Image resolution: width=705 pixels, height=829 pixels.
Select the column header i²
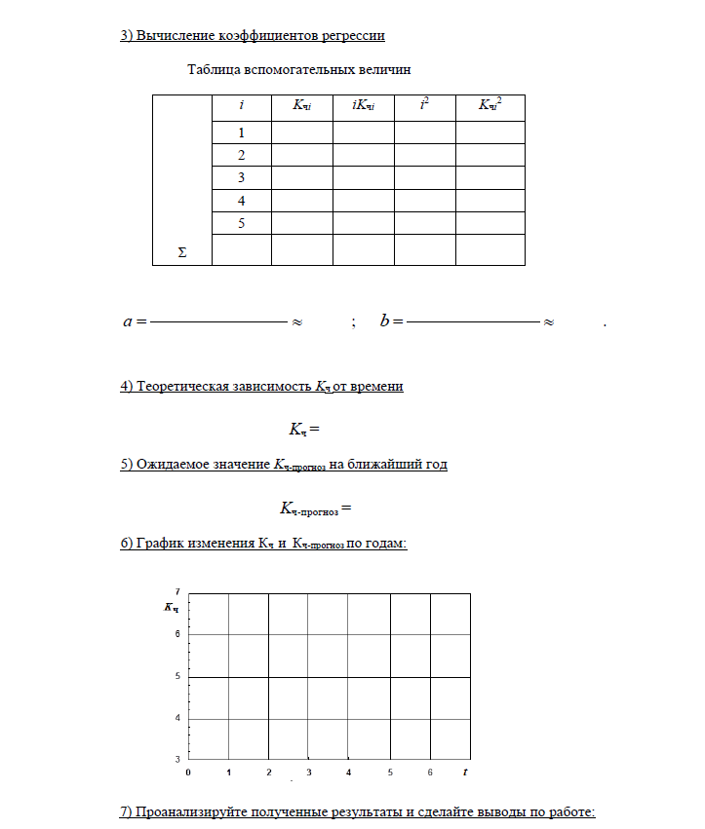(424, 102)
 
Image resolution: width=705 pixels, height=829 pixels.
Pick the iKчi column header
(363, 103)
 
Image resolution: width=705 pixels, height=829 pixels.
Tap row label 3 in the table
(241, 178)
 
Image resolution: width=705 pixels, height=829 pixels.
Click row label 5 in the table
(241, 223)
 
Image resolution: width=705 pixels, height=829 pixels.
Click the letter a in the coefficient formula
(128, 320)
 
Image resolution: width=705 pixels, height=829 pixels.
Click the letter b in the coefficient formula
(385, 320)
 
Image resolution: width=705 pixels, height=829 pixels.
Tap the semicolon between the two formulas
(352, 322)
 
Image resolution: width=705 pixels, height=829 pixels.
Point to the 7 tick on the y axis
(176, 591)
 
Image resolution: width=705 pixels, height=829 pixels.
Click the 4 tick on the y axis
(176, 718)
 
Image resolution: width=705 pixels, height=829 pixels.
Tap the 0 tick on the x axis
(187, 772)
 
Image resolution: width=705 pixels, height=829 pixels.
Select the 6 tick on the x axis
(430, 772)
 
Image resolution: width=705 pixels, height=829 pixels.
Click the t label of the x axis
(466, 772)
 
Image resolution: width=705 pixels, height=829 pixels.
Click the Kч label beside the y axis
(172, 608)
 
